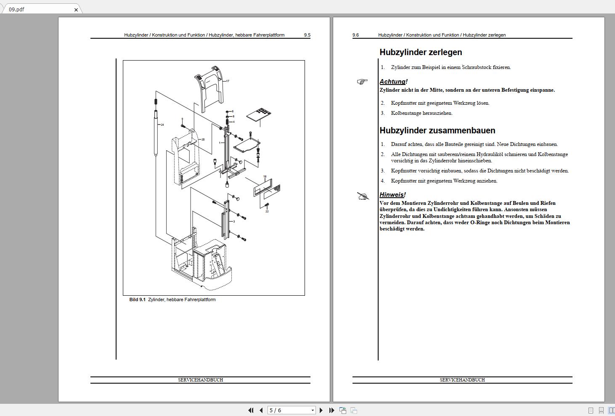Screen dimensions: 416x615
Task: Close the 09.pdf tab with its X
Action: [x=76, y=10]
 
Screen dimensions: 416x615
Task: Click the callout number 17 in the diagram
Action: [x=228, y=81]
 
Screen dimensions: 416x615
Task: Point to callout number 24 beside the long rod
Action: [x=162, y=125]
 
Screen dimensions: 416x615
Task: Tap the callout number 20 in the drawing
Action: [x=203, y=140]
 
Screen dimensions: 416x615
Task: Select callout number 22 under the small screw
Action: [x=267, y=211]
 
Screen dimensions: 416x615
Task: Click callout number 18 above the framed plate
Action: [x=265, y=177]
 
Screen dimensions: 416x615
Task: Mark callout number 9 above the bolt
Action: [x=182, y=119]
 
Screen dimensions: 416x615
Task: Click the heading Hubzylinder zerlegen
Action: [x=421, y=53]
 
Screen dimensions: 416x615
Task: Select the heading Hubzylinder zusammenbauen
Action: [x=437, y=131]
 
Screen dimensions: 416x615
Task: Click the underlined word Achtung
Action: [x=392, y=82]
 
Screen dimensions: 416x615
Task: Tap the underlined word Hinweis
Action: [x=391, y=195]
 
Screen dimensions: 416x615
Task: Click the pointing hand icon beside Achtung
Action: [x=362, y=82]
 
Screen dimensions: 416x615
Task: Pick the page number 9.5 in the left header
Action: [x=307, y=35]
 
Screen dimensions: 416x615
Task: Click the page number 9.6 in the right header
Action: [x=356, y=35]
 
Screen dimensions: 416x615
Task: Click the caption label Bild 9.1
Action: [x=137, y=300]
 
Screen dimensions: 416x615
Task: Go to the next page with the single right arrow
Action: [x=321, y=410]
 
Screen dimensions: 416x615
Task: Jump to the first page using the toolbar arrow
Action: [x=251, y=410]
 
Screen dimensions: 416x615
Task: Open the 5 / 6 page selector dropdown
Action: [x=313, y=410]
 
